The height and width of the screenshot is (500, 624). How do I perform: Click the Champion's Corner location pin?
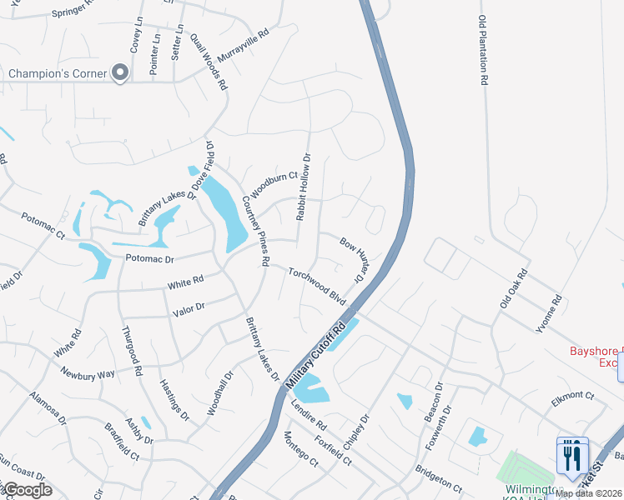coord(120,73)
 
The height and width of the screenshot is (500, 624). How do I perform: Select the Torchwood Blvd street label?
coord(317,285)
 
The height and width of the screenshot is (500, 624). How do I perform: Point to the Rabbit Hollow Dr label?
coord(303,187)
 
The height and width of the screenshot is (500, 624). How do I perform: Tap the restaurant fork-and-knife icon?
coord(571,456)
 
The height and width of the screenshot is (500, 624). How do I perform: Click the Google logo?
coord(27,490)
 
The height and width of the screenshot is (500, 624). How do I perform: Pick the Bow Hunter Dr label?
coord(355,260)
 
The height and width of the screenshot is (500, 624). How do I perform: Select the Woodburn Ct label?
coord(274,185)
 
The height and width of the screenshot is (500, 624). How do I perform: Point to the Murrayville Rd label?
coord(243,46)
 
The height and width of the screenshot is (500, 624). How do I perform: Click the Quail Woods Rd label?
coord(209,61)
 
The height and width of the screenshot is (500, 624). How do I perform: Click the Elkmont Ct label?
coord(571,398)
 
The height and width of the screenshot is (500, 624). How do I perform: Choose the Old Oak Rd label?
coord(514,288)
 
